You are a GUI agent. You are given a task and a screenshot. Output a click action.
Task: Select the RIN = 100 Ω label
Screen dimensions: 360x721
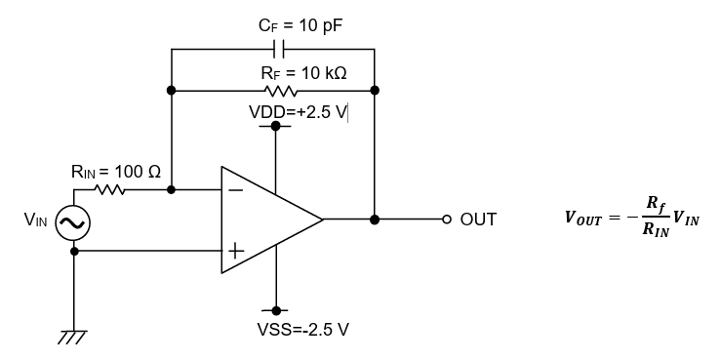pos(115,172)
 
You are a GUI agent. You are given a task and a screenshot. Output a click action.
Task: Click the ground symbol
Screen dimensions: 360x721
pos(73,336)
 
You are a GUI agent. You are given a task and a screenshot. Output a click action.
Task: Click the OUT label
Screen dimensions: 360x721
pos(478,220)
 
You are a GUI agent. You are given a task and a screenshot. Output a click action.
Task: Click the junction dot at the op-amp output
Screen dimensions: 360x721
pos(375,220)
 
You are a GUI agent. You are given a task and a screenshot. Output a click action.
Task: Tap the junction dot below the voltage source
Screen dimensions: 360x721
pos(73,251)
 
